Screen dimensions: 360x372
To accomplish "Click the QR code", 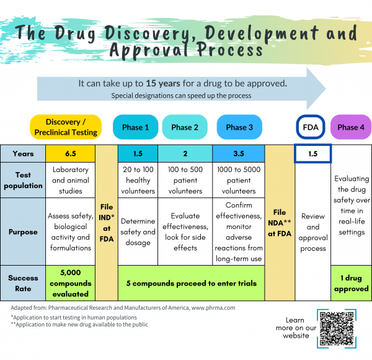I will click(339, 329).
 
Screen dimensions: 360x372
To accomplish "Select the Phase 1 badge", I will click(135, 127).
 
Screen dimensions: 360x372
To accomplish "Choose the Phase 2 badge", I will click(185, 127).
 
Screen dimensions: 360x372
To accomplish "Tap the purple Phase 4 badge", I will click(352, 127).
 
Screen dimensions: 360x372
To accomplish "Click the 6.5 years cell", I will click(71, 153).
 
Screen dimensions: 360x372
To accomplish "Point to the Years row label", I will click(23, 153).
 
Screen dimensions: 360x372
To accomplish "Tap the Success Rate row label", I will click(23, 283).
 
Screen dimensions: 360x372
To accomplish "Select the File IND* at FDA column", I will click(107, 220).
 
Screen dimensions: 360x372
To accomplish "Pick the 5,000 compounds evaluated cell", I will click(71, 283).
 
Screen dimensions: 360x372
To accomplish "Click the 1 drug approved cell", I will click(352, 283).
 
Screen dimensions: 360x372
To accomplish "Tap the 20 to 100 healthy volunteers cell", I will click(138, 180).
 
